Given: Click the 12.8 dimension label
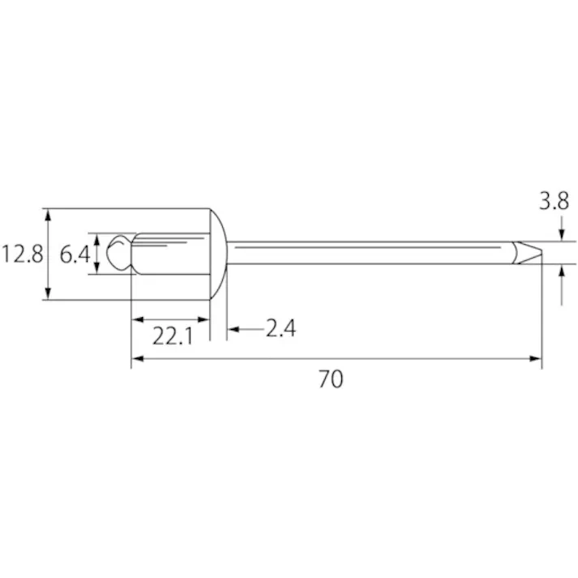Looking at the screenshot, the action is point(23,255).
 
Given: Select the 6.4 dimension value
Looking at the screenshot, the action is point(75,255).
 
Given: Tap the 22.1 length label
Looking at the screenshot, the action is point(173,336).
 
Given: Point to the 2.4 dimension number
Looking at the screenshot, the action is point(280,328).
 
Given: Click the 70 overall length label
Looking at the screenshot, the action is point(331,379).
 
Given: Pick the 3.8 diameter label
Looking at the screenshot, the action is point(554,202).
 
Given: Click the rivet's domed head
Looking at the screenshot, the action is point(218,254).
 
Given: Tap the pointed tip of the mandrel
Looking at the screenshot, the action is point(542,253).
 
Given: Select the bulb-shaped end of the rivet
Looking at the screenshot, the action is point(118,252).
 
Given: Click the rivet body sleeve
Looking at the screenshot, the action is point(171,254).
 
